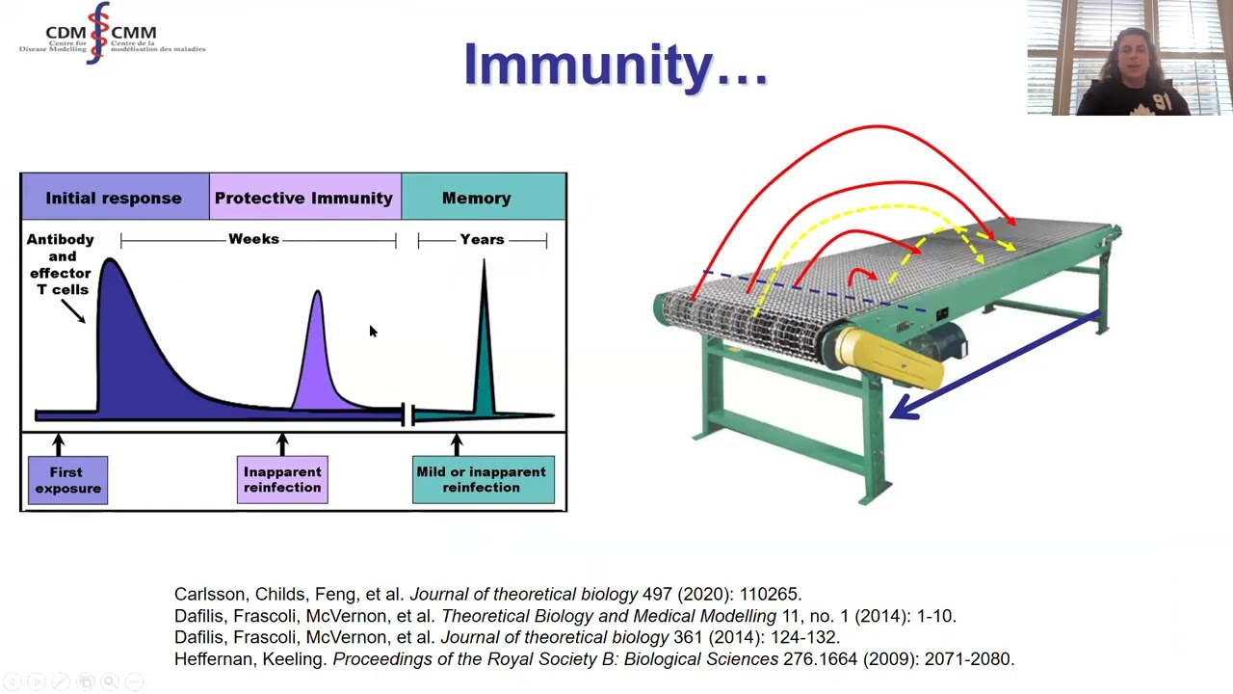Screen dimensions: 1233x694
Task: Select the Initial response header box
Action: pos(115,197)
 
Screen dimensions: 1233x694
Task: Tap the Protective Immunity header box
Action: pos(305,197)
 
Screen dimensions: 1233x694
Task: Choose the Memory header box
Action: pos(484,197)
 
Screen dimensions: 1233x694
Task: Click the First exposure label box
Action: pos(67,480)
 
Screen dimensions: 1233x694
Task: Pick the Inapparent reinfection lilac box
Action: pos(282,479)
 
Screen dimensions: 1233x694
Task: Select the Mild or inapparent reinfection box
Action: pos(484,479)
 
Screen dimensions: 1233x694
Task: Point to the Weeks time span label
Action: pos(253,239)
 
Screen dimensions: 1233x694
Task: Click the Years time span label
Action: pos(483,240)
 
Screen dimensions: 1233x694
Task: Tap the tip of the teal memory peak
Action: pos(484,260)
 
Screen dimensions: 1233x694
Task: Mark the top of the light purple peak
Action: pos(318,291)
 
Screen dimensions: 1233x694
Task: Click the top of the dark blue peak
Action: pos(110,259)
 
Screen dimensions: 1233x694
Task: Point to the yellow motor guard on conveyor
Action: pos(887,356)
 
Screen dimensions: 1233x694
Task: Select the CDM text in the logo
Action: pos(66,33)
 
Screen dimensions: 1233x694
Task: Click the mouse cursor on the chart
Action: pos(373,331)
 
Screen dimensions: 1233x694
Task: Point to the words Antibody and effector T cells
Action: pos(61,264)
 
